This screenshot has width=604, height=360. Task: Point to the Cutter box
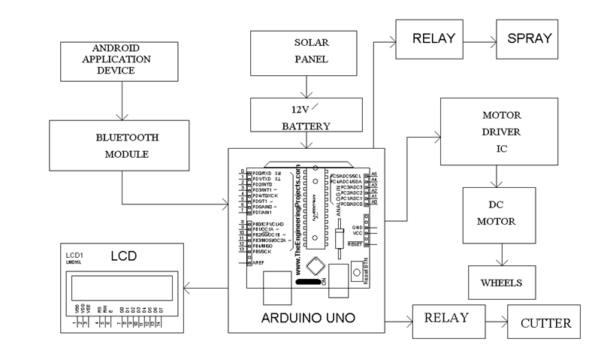(545, 323)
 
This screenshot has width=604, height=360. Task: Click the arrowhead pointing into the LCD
(190, 288)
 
